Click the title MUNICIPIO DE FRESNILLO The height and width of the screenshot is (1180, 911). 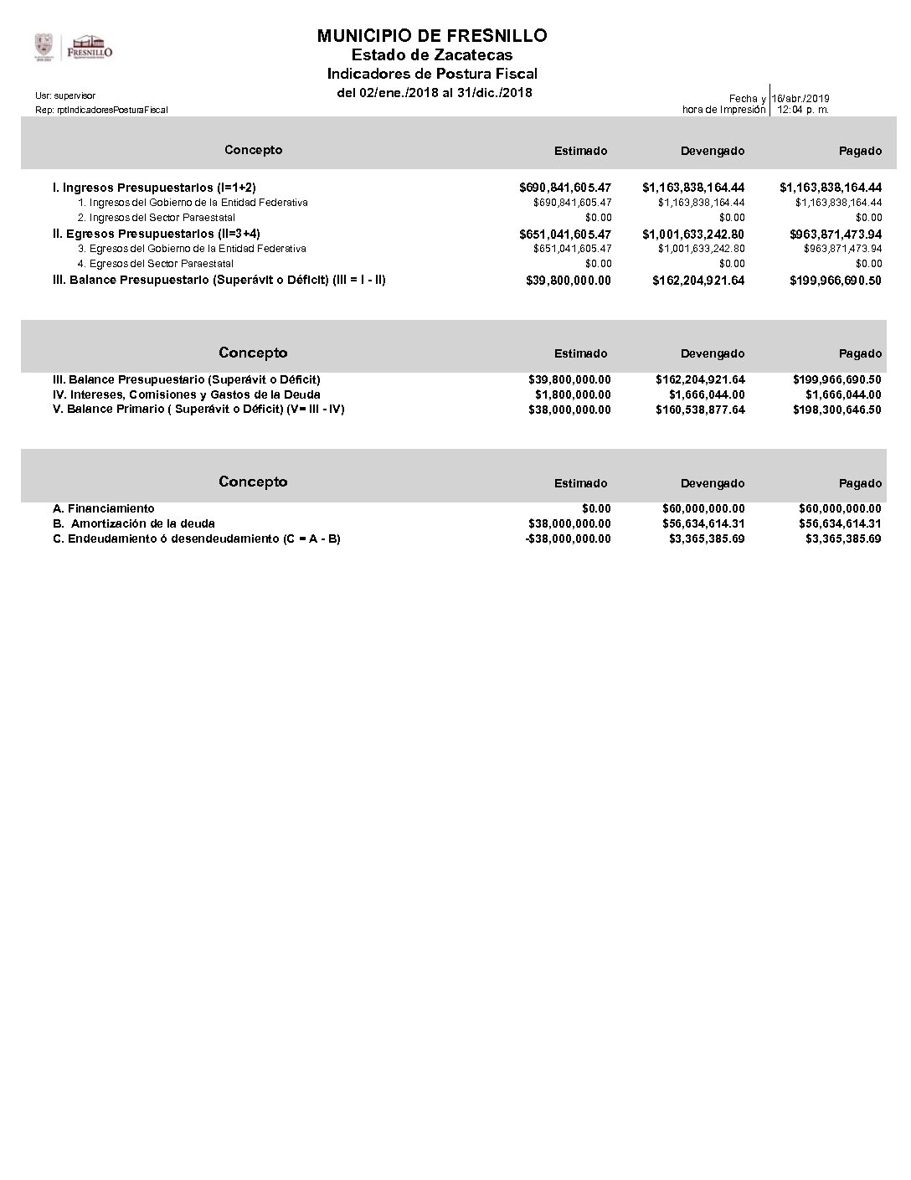tap(432, 35)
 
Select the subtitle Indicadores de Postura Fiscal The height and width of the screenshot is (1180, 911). tap(432, 74)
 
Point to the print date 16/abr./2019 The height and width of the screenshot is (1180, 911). tap(801, 99)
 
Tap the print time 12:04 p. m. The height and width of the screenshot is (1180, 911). tap(803, 110)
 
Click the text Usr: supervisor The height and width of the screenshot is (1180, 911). tap(65, 96)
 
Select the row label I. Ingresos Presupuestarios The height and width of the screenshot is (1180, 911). tap(154, 188)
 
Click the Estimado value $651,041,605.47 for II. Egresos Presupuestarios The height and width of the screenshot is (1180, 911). tap(565, 234)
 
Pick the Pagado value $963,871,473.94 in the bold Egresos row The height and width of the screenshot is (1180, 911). tap(835, 234)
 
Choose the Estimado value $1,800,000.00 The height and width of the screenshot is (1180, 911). tap(573, 394)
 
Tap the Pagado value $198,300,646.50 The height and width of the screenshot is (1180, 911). tap(836, 410)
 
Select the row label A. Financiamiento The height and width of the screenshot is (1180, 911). tap(103, 508)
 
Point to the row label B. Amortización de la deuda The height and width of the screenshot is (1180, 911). tap(134, 523)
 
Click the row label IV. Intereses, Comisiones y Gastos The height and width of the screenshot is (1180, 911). tap(186, 394)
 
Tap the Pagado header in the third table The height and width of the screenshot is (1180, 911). tap(860, 483)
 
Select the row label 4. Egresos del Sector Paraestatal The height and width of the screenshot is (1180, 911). tap(156, 264)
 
